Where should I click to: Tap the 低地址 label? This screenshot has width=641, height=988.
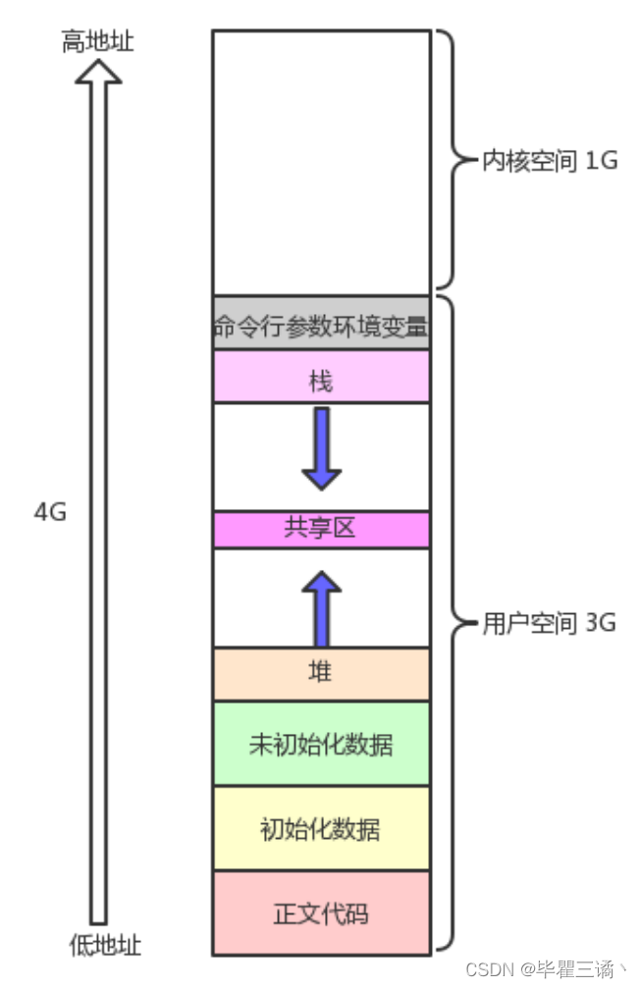105,946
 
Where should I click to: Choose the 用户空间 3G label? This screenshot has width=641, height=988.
549,624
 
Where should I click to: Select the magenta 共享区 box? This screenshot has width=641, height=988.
321,529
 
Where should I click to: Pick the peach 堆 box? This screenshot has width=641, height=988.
321,673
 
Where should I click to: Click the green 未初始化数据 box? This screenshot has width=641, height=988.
321,744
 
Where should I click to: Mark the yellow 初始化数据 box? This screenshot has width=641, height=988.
321,829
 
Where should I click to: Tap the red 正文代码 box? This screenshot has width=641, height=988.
321,913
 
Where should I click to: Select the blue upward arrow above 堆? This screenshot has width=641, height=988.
321,608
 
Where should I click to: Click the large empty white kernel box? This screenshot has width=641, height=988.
321,162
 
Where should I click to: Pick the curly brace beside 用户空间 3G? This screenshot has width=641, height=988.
448,624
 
